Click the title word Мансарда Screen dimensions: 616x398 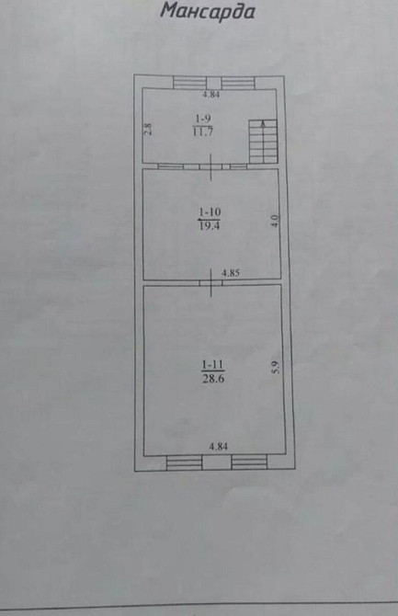coord(207,12)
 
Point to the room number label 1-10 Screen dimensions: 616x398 coord(208,212)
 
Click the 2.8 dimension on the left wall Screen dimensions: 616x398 coord(147,130)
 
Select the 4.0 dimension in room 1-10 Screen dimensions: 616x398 coord(273,221)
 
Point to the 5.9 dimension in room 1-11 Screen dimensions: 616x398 coord(273,365)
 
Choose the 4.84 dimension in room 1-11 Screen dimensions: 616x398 coord(218,447)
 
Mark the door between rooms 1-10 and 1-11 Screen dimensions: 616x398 coord(212,280)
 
